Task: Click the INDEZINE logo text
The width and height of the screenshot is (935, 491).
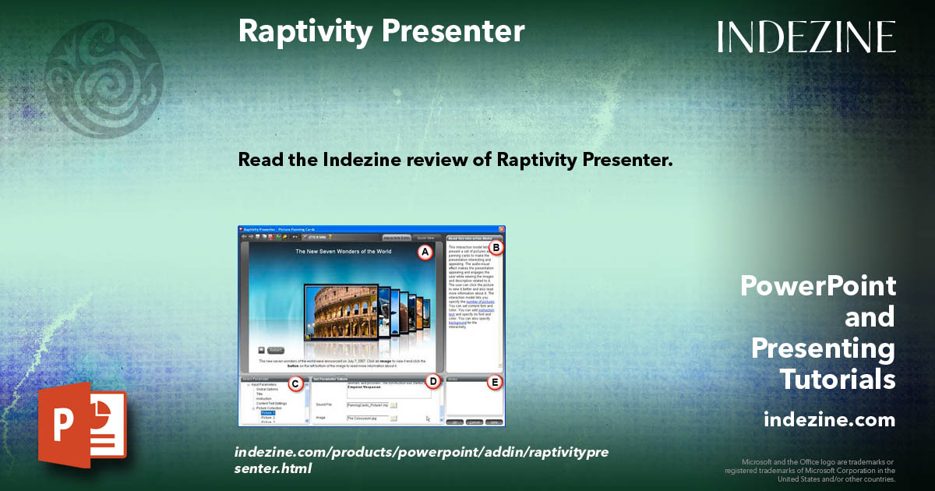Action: click(x=806, y=37)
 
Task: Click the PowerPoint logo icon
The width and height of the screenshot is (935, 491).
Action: click(x=82, y=425)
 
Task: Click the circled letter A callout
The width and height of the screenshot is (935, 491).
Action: click(x=425, y=253)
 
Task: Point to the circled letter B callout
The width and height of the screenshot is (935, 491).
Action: click(x=496, y=248)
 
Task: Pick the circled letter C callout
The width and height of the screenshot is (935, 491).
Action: click(x=295, y=383)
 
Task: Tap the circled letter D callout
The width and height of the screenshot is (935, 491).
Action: click(x=433, y=382)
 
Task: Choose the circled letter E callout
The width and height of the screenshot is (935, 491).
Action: click(x=495, y=382)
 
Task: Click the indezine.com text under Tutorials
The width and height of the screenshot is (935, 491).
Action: click(x=829, y=420)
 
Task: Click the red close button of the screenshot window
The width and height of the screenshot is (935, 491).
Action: click(x=502, y=229)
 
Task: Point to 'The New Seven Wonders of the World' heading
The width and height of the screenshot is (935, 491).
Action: click(x=343, y=252)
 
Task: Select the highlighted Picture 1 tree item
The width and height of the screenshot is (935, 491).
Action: click(x=268, y=412)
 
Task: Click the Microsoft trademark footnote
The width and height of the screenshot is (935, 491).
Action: click(x=810, y=470)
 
